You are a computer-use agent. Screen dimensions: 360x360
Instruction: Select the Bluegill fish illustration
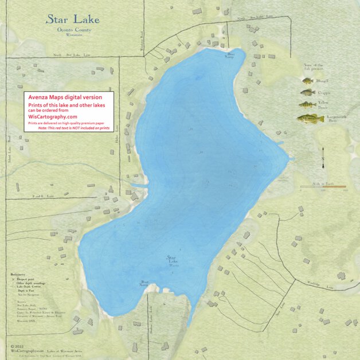308,81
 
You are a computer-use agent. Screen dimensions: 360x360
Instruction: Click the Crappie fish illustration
308,92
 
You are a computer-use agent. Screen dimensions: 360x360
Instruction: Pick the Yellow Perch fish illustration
307,104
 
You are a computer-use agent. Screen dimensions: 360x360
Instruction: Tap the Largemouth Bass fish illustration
310,118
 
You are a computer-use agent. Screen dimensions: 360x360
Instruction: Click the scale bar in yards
323,187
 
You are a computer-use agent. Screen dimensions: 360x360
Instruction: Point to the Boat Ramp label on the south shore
144,284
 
